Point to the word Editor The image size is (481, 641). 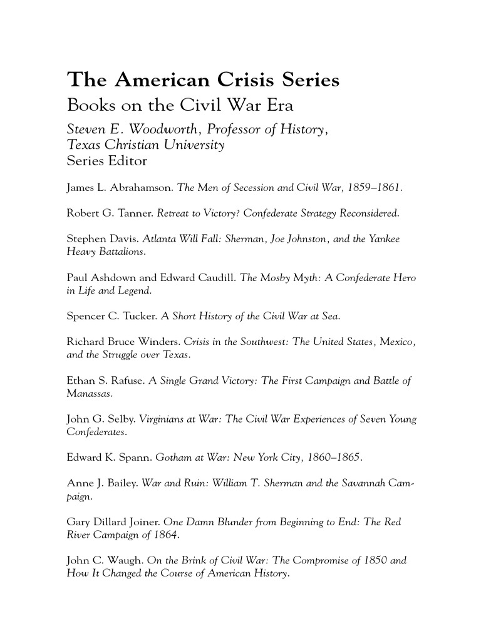coord(128,161)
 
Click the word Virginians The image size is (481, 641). coord(162,419)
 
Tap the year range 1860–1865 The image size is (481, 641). coord(334,458)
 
